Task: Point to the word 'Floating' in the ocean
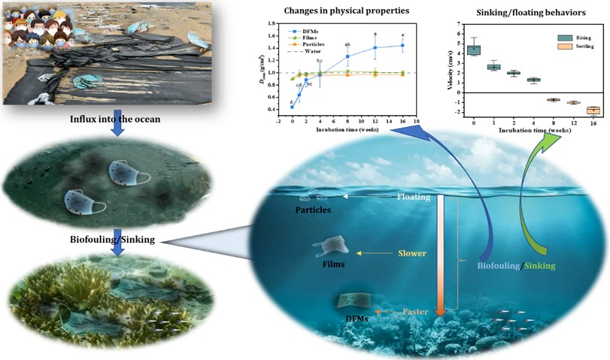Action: (x=414, y=198)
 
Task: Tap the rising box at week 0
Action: (x=474, y=50)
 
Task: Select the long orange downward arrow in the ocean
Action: (x=442, y=256)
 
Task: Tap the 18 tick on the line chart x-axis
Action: (x=416, y=122)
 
